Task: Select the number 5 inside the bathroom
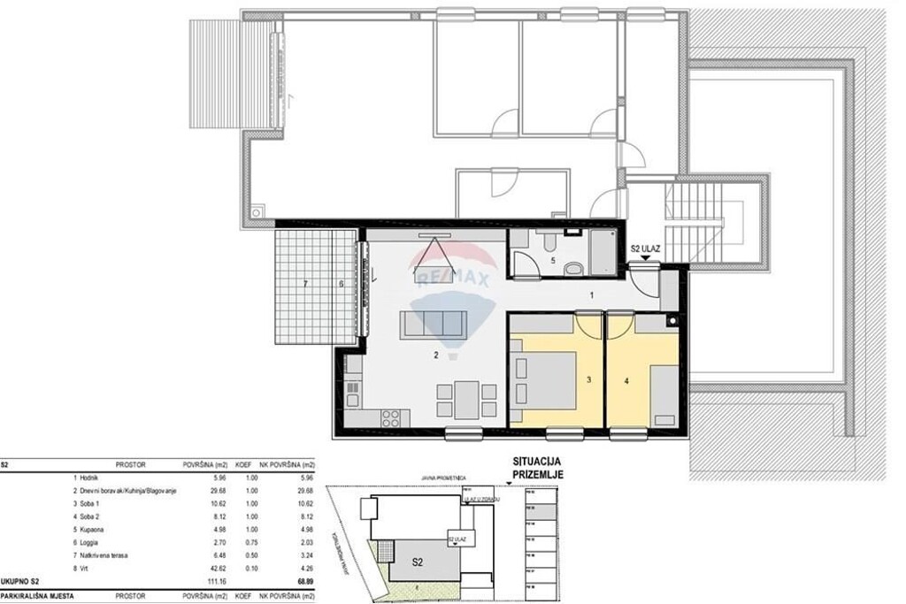(x=554, y=262)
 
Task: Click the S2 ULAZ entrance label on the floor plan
(x=645, y=248)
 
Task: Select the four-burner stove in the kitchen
(x=390, y=416)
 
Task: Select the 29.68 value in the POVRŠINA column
(x=194, y=490)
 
